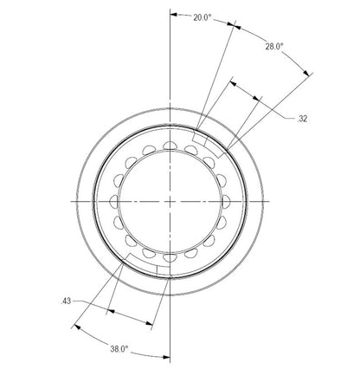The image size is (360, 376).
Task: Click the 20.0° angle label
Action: click(202, 17)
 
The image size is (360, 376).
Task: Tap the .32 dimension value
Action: click(303, 118)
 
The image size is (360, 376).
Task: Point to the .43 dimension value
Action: click(65, 301)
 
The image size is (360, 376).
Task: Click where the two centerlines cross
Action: click(170, 199)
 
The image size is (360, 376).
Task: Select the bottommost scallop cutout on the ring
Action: click(170, 256)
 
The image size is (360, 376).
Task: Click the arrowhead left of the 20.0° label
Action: click(173, 16)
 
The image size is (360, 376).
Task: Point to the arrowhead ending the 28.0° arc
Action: click(308, 75)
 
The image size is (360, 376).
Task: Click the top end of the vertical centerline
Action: click(170, 5)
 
